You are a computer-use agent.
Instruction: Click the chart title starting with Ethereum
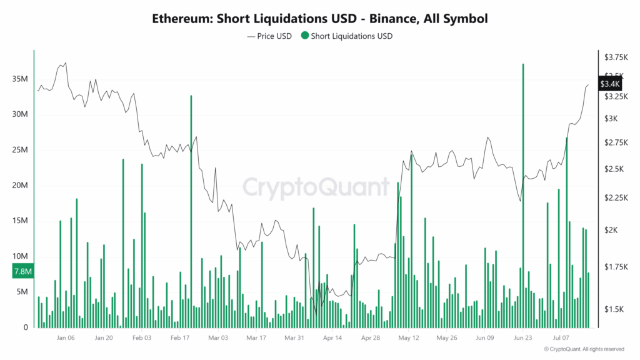(x=319, y=19)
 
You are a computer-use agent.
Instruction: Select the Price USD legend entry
(x=269, y=36)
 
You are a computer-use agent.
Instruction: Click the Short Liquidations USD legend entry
(x=347, y=36)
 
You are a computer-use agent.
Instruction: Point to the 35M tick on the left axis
(x=20, y=79)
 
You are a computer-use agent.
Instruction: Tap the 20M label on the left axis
(x=20, y=186)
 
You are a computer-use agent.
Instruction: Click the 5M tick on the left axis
(x=22, y=292)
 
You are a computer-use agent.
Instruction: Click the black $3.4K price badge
(x=609, y=84)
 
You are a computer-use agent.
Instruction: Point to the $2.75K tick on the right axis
(x=616, y=142)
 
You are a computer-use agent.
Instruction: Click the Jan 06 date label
(x=66, y=338)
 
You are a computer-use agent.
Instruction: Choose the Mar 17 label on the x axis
(x=256, y=338)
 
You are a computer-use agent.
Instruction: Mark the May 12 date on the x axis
(x=408, y=338)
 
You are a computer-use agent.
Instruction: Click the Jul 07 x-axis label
(x=560, y=338)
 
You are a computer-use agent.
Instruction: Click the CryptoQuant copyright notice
(x=584, y=349)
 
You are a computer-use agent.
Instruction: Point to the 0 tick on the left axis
(x=26, y=327)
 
